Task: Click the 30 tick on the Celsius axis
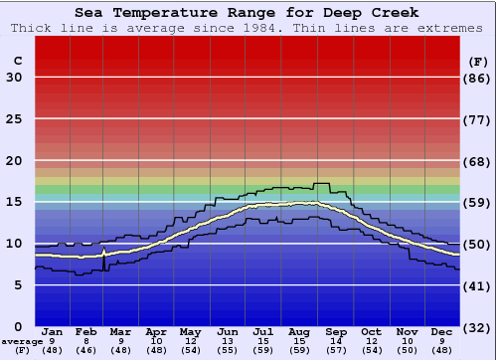tap(15, 78)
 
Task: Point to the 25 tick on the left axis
tap(15, 119)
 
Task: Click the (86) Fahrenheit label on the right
tap(478, 78)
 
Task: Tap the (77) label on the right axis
tap(478, 119)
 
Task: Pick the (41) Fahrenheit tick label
tap(478, 285)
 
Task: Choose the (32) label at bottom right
tap(478, 327)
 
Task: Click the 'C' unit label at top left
tap(17, 62)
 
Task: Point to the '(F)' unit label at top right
tap(477, 62)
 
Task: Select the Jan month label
tap(53, 331)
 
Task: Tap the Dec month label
tap(442, 331)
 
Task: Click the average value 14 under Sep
tap(335, 341)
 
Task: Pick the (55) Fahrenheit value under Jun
tap(228, 351)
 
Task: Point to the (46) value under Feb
tap(86, 351)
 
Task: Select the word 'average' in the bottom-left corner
tap(21, 341)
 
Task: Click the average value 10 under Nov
tap(407, 341)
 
